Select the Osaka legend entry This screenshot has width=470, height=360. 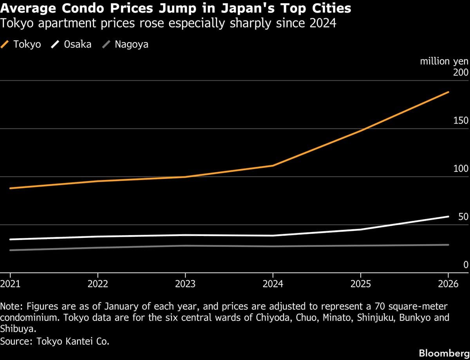point(72,44)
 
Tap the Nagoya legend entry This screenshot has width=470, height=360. point(126,44)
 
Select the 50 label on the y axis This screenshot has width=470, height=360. point(463,217)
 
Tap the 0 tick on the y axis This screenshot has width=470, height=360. point(466,265)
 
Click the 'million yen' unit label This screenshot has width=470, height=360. point(444,62)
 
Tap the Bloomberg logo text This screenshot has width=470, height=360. point(444,353)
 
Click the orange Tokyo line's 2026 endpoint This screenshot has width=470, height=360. point(448,92)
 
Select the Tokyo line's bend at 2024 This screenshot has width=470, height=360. point(273,166)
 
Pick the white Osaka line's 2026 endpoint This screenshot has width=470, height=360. point(448,216)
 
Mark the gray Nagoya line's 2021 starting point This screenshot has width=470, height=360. point(10,250)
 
